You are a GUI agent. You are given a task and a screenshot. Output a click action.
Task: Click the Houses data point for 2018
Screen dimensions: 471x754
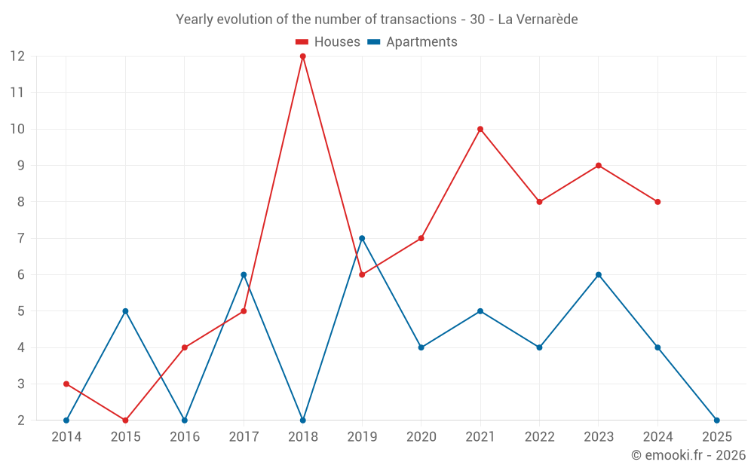(x=303, y=57)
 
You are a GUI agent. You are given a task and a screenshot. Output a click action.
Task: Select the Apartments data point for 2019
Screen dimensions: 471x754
(x=362, y=238)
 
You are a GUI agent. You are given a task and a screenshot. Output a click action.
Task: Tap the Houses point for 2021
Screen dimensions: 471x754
(x=480, y=129)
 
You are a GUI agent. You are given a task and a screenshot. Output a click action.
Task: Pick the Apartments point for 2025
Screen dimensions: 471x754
(x=716, y=421)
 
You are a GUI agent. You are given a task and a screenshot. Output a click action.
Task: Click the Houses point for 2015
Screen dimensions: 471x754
(x=125, y=421)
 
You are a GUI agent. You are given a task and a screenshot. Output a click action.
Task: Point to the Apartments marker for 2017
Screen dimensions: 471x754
(x=244, y=275)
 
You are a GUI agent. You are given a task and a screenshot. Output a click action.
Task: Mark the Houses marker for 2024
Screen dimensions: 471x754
(x=657, y=202)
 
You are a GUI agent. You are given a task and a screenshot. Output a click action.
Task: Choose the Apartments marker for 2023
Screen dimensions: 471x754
(x=599, y=275)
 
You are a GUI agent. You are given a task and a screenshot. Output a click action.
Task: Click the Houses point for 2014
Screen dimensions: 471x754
(x=66, y=384)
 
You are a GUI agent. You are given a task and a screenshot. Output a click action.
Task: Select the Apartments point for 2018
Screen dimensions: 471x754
(x=303, y=421)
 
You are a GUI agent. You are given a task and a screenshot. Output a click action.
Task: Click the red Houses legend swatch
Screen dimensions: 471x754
(x=302, y=42)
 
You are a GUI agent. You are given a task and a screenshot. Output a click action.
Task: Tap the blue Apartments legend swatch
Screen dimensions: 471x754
(x=374, y=42)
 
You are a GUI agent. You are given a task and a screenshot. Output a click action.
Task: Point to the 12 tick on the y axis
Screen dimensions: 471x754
(x=17, y=57)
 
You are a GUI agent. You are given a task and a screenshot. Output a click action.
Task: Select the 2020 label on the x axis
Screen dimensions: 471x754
(x=421, y=437)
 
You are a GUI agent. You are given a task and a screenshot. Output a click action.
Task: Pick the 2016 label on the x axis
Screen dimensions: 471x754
(x=185, y=437)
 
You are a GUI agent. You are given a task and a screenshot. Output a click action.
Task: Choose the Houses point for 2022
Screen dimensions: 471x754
(x=539, y=202)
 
